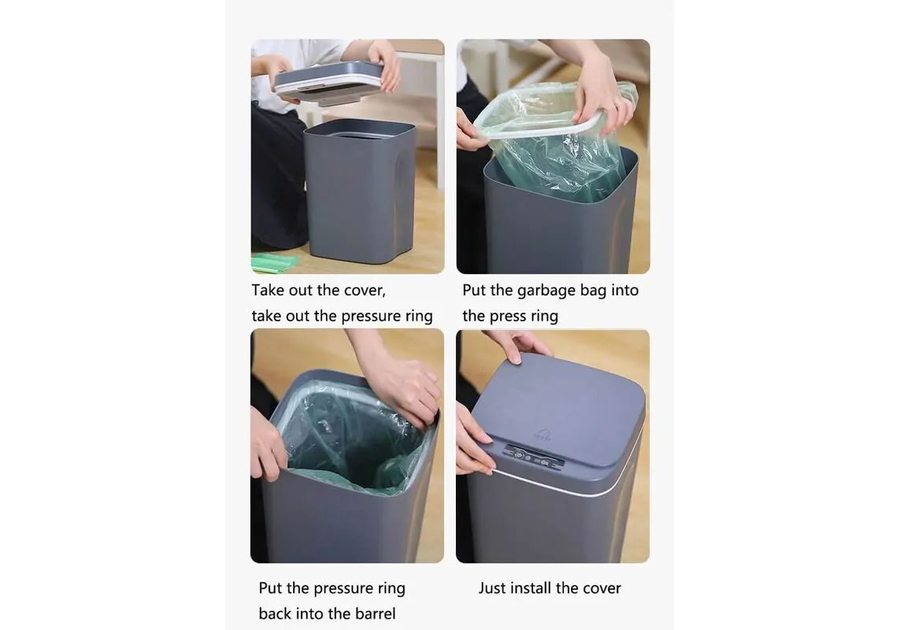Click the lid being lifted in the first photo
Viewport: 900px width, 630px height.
(x=330, y=83)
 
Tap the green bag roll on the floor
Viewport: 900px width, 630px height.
(x=274, y=262)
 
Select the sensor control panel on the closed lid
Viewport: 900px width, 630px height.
(x=532, y=457)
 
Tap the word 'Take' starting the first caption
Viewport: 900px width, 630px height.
(x=268, y=291)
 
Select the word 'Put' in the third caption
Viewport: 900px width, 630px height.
(x=270, y=588)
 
